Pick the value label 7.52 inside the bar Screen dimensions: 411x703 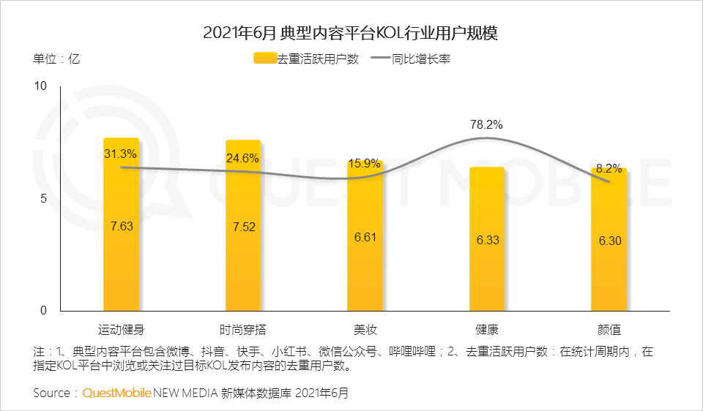(x=244, y=227)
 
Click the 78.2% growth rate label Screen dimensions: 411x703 (x=486, y=124)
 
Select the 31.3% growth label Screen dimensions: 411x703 (x=121, y=154)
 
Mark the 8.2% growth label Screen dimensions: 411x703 (x=609, y=169)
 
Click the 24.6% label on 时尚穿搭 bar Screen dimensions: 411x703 (x=243, y=157)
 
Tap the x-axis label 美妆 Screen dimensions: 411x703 (x=365, y=328)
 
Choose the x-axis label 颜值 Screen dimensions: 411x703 (x=609, y=328)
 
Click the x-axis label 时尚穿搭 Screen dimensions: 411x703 (x=243, y=328)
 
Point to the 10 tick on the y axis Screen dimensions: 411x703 (x=41, y=86)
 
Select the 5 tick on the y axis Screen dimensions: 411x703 (x=43, y=198)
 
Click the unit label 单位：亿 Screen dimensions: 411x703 (x=56, y=59)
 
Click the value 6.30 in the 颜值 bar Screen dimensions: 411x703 (x=609, y=241)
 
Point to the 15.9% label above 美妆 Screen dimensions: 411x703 (x=365, y=163)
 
